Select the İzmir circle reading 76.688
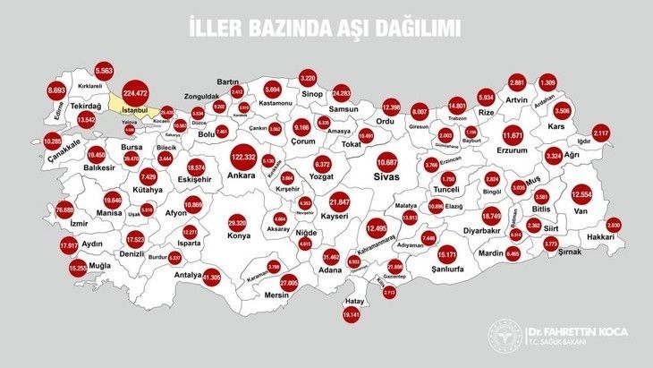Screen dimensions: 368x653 pos(64,209)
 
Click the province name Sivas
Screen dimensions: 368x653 pos(386,178)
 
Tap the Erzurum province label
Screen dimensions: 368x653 pos(513,150)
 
